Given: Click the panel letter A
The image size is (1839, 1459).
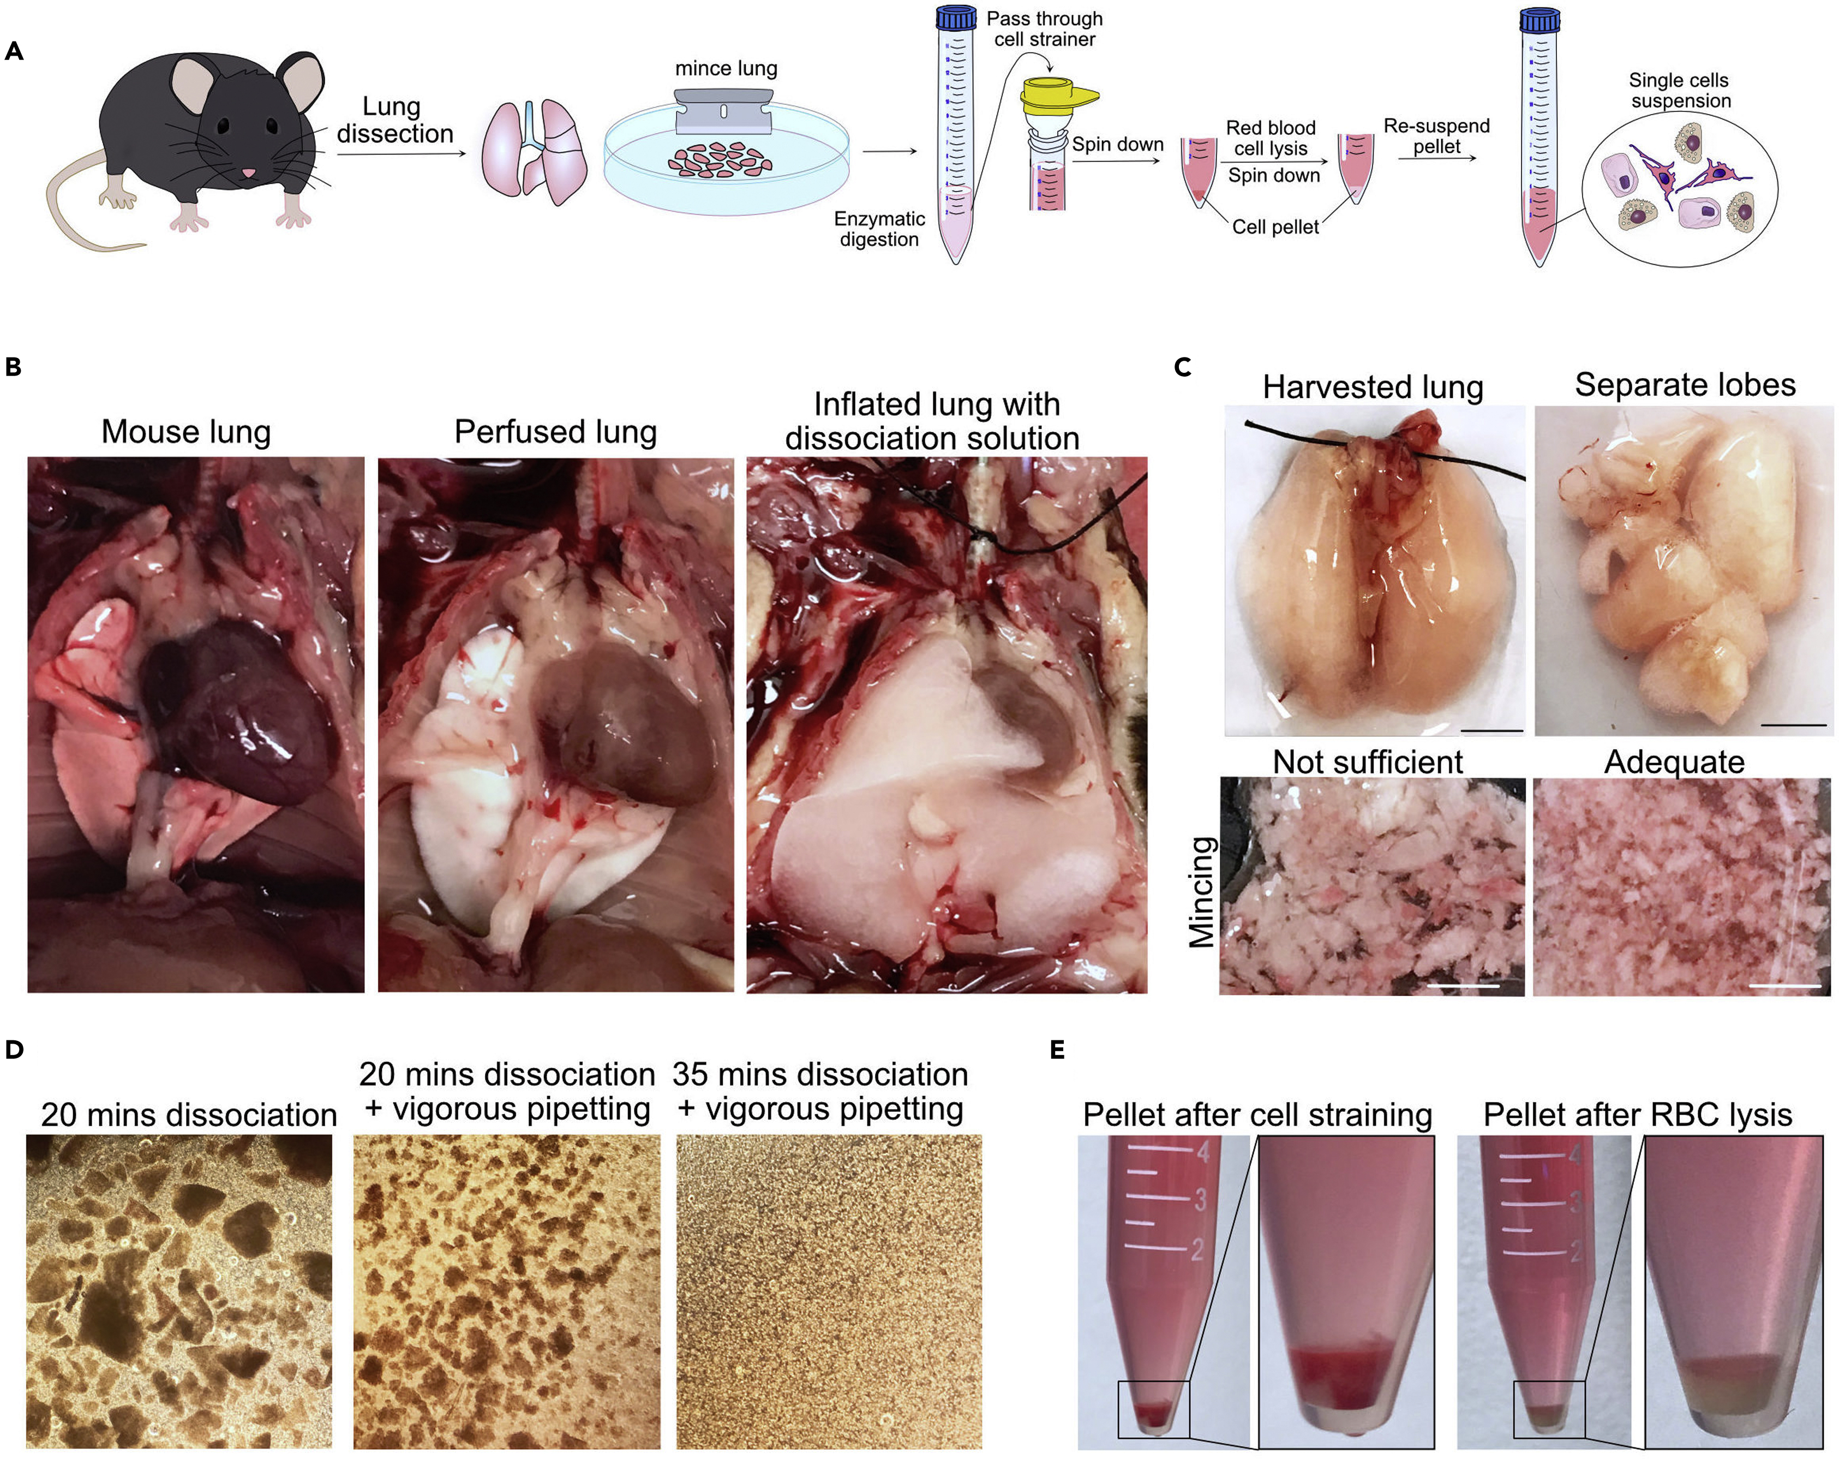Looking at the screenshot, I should [x=14, y=51].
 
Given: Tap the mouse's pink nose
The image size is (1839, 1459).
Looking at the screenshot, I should [x=247, y=173].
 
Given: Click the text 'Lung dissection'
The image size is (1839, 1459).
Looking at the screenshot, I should [x=394, y=120].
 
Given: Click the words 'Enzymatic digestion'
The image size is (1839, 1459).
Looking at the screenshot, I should [x=879, y=229].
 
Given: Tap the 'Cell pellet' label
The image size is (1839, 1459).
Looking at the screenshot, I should [x=1275, y=227].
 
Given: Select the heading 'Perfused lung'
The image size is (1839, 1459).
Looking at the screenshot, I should [x=555, y=432].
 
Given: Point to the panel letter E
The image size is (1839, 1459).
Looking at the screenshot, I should [x=1058, y=1050].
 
